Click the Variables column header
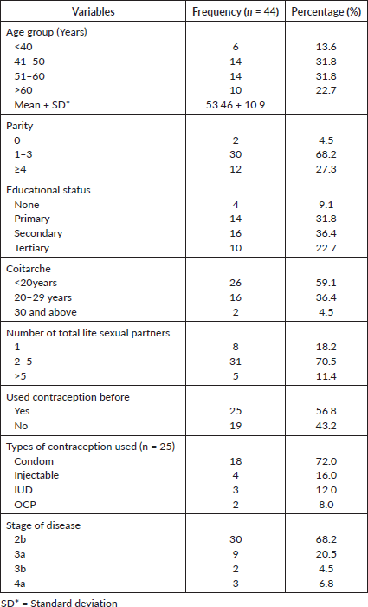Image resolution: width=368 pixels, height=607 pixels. point(94,11)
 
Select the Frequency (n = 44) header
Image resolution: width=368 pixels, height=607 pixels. point(236,12)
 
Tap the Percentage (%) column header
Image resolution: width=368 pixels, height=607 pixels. point(326,12)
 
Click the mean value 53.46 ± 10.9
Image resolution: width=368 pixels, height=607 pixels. point(236,105)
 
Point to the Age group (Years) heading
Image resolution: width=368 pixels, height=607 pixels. point(47,32)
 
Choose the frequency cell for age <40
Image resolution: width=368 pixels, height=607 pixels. point(236,47)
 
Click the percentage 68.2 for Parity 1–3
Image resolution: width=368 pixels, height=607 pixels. point(326,154)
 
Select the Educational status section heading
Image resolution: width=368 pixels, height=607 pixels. point(48,190)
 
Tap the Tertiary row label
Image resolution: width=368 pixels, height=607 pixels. point(32,248)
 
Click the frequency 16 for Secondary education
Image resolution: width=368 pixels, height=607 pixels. point(236,233)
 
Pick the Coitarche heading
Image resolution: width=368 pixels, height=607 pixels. point(29,269)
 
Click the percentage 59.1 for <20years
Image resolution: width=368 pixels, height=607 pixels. point(326,283)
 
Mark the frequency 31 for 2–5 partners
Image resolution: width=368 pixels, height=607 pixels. point(236,362)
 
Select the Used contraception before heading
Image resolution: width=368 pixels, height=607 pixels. point(68,397)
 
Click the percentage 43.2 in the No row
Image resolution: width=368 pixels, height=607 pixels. point(326,426)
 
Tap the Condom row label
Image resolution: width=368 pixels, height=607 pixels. point(34,461)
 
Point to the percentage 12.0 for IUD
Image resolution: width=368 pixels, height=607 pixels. point(326,490)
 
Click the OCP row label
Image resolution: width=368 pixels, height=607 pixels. point(26,505)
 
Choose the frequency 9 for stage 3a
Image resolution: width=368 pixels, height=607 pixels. point(236,554)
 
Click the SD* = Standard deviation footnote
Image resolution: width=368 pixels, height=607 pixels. point(59,603)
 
